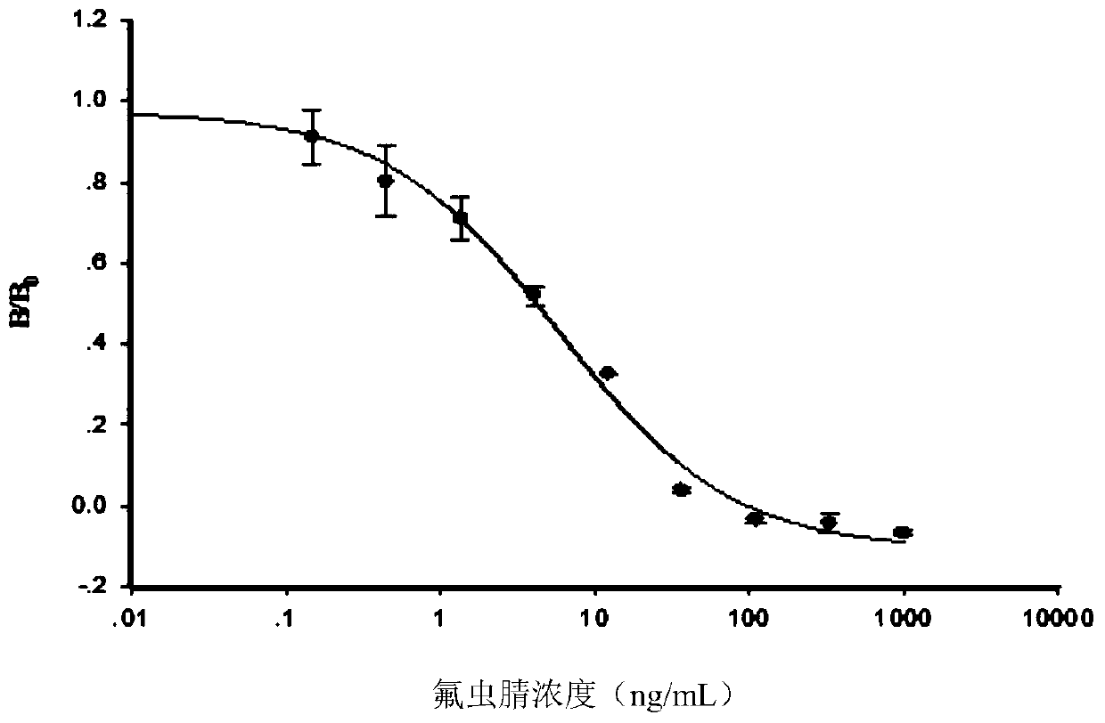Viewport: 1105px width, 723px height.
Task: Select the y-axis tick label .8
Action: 111,183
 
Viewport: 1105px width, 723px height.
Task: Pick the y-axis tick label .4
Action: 111,345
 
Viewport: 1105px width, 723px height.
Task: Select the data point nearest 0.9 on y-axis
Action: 311,136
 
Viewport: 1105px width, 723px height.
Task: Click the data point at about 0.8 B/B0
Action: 386,181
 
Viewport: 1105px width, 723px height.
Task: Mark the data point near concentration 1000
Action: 902,532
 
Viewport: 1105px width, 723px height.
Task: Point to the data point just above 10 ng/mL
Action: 608,373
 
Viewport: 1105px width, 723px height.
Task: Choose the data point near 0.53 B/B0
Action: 533,293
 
